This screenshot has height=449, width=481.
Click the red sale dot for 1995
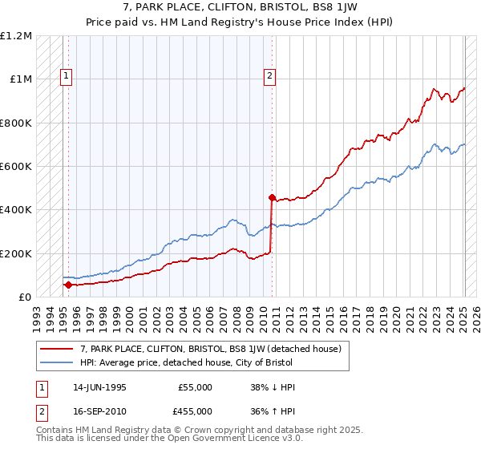[x=68, y=285]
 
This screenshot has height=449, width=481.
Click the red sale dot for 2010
[x=272, y=197]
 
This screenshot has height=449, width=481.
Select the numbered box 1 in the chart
[x=66, y=77]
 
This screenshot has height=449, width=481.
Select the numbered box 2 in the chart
[x=269, y=77]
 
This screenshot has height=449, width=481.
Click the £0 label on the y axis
[x=24, y=297]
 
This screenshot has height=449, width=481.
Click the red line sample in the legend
[x=57, y=349]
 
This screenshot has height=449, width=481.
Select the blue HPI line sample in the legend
[x=57, y=362]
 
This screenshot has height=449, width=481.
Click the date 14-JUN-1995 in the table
[x=97, y=387]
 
